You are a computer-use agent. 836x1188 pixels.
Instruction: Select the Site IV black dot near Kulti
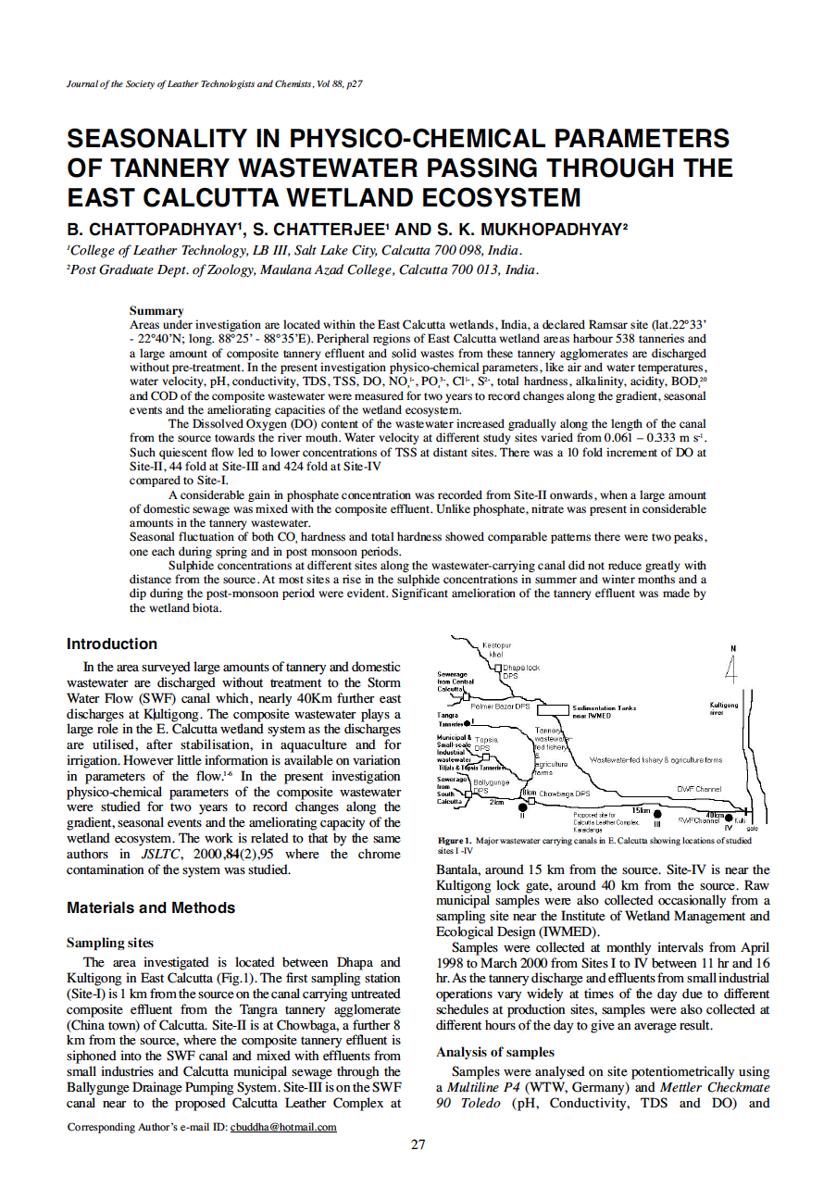click(x=730, y=819)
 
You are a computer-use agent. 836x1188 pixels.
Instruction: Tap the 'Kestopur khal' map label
click(x=497, y=648)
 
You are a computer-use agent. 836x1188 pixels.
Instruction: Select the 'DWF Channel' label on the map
click(x=699, y=790)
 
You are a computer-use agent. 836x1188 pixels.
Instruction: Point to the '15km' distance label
click(x=640, y=809)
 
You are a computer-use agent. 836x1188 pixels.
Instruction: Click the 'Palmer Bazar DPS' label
click(x=500, y=706)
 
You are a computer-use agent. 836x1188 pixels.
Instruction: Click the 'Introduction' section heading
click(x=112, y=644)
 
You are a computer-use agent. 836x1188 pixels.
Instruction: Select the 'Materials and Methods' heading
click(x=151, y=908)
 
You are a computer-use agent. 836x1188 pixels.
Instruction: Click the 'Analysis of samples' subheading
click(x=495, y=1052)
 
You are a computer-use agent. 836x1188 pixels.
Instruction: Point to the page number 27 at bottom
click(x=418, y=1145)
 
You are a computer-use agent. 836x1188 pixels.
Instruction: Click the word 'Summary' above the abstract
click(x=156, y=310)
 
